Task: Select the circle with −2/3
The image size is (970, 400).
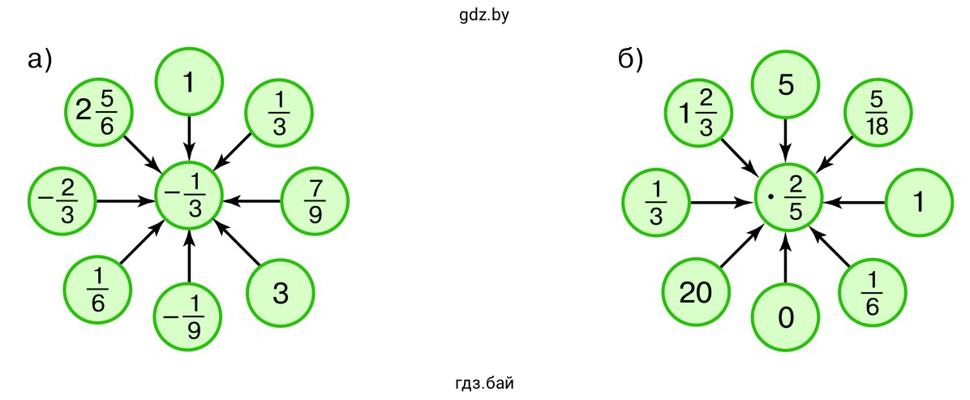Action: pyautogui.click(x=62, y=198)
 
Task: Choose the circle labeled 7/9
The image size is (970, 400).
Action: pyautogui.click(x=315, y=198)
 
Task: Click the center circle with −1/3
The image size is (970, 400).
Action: pyautogui.click(x=189, y=198)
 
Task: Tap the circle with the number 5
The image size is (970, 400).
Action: pyautogui.click(x=785, y=85)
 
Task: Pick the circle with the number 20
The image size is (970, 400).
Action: pyautogui.click(x=695, y=293)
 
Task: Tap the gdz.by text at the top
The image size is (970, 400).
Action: pyautogui.click(x=483, y=14)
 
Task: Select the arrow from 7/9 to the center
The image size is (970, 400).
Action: pyautogui.click(x=251, y=199)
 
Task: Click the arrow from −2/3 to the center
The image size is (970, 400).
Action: pyautogui.click(x=126, y=199)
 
